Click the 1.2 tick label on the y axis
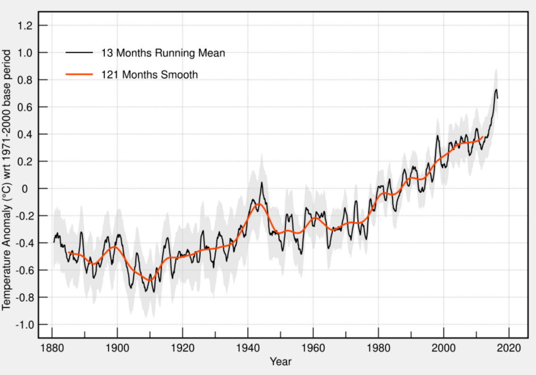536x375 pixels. (x=26, y=26)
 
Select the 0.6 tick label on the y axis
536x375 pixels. (x=26, y=107)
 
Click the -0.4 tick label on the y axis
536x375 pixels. (x=25, y=243)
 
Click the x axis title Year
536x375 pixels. (x=281, y=362)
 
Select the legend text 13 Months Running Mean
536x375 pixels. (x=163, y=53)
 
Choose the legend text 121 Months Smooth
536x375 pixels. (x=150, y=75)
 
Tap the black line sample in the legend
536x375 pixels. (x=79, y=53)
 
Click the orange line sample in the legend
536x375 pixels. (x=79, y=75)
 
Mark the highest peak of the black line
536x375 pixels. (x=496, y=89)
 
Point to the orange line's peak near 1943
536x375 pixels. (x=257, y=204)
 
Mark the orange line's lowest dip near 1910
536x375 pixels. (x=149, y=280)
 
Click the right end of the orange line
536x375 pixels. (x=483, y=137)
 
